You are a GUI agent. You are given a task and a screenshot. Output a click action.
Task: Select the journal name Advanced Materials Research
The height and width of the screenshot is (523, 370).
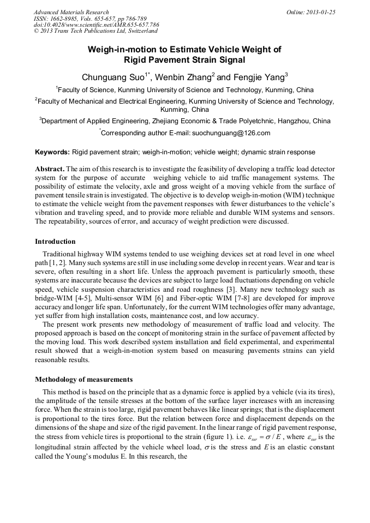pyautogui.click(x=71, y=11)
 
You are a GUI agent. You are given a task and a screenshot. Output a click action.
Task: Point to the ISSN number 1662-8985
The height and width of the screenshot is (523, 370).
pyautogui.click(x=65, y=18)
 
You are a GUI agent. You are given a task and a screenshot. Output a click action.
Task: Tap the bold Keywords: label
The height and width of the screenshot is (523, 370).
pyautogui.click(x=52, y=152)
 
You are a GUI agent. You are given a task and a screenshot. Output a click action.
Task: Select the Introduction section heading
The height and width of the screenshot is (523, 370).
pyautogui.click(x=55, y=242)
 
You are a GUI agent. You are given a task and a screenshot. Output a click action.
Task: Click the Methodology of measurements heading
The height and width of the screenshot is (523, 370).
pyautogui.click(x=83, y=380)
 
